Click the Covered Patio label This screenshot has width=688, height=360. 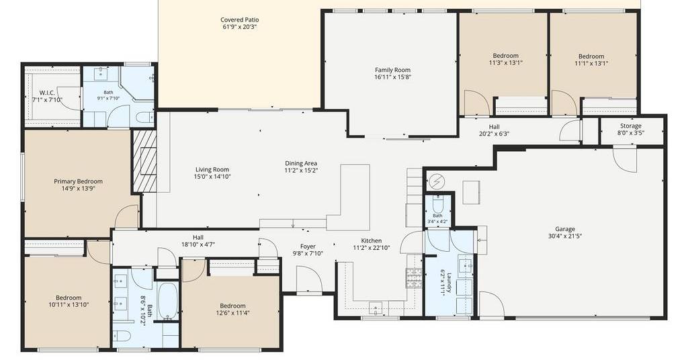pos(240,19)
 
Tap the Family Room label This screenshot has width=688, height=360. pos(392,70)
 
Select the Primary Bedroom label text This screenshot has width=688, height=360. pos(78,181)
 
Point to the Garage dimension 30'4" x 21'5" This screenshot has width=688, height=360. pos(564,236)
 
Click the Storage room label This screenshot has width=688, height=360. pos(630,126)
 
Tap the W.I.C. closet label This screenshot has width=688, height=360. pos(47,93)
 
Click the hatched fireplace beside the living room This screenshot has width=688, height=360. pos(145,161)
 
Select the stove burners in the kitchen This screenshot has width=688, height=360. pos(413,277)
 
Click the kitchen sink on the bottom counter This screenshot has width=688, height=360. pos(376,308)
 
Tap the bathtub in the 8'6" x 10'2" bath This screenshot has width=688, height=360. pos(167,302)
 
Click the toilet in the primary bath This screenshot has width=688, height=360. pos(144,118)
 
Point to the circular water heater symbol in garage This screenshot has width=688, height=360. pos(436,180)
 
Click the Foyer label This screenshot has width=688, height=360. pos(308,246)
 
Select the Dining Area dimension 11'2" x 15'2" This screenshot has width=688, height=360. pos(301,170)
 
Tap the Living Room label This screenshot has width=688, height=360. pos(212,170)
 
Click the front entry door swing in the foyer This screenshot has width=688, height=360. pos(309,278)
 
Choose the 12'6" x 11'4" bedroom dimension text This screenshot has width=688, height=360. pos(232,312)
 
